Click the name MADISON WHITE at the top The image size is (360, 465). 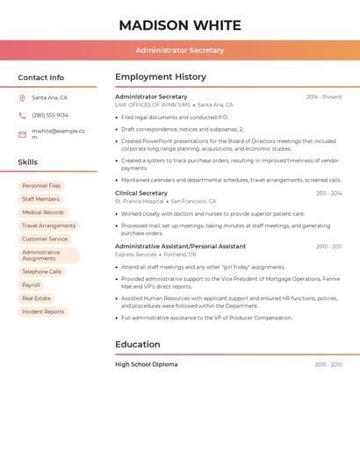179,25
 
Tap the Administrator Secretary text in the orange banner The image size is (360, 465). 179,50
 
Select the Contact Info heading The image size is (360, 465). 40,77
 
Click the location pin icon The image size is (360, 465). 22,98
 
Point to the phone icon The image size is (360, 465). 22,116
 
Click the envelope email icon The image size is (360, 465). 22,134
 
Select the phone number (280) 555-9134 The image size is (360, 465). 50,116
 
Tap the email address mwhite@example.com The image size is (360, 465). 58,133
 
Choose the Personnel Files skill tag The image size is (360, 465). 41,186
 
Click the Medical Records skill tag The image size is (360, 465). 43,212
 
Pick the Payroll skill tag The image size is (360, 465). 31,285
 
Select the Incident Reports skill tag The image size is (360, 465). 43,311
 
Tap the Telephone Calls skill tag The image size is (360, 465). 42,272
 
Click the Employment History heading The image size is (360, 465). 161,77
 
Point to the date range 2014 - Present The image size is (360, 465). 324,97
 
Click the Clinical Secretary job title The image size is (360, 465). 141,193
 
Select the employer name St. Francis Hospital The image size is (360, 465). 140,201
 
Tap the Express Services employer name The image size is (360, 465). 136,254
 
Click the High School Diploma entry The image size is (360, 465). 146,364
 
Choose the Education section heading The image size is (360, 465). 138,345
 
